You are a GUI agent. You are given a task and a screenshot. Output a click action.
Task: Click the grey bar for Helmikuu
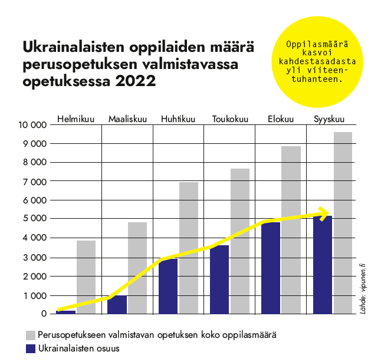click(x=86, y=277)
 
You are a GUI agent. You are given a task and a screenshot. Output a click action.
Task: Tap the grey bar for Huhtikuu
click(x=189, y=248)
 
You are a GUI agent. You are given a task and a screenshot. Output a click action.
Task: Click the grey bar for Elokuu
click(x=291, y=230)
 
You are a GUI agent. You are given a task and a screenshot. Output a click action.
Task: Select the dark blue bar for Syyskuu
click(x=322, y=265)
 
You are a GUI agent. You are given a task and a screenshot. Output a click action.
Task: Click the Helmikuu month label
click(x=76, y=119)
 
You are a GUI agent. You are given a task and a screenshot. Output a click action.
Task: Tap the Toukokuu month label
click(x=230, y=119)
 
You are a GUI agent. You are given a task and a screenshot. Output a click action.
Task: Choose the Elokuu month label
click(x=280, y=119)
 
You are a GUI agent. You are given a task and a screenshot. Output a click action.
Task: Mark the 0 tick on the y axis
click(x=43, y=314)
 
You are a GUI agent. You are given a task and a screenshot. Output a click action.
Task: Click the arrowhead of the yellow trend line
click(x=324, y=213)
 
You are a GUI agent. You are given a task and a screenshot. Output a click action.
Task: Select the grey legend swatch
click(x=31, y=335)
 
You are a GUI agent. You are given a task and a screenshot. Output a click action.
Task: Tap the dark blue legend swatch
click(x=31, y=348)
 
